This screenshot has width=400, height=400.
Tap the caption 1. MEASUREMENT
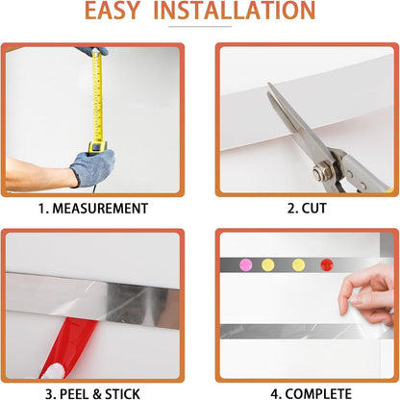click(x=92, y=208)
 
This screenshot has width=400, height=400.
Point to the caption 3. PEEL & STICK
click(x=92, y=392)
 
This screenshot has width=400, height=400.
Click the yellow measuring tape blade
click(x=96, y=96)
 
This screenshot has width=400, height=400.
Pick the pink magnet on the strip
click(x=243, y=263)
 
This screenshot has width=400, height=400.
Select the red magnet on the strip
click(x=326, y=263)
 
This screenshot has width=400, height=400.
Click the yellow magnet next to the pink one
click(x=268, y=263)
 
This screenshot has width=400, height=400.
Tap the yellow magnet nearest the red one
click(x=298, y=263)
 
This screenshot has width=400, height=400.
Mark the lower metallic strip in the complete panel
click(x=288, y=331)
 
